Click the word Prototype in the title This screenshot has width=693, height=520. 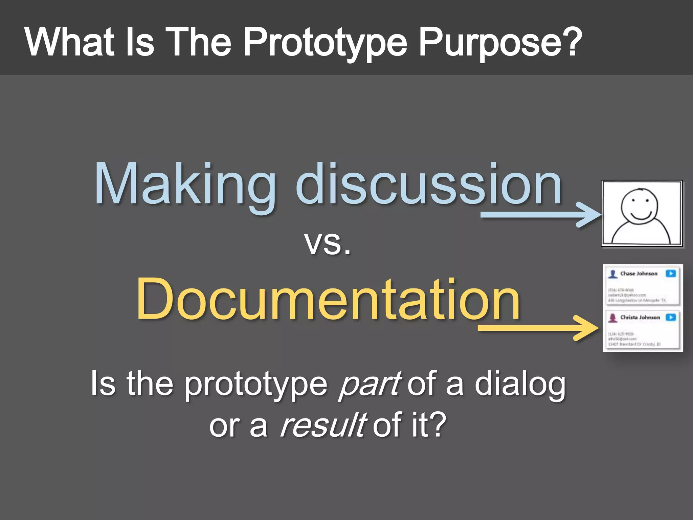[325, 43]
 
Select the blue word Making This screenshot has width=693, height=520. [185, 185]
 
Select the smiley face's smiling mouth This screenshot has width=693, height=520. [640, 216]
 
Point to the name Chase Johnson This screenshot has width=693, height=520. [639, 274]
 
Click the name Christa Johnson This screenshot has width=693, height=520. [640, 318]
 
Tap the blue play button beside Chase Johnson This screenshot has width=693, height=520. [671, 274]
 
